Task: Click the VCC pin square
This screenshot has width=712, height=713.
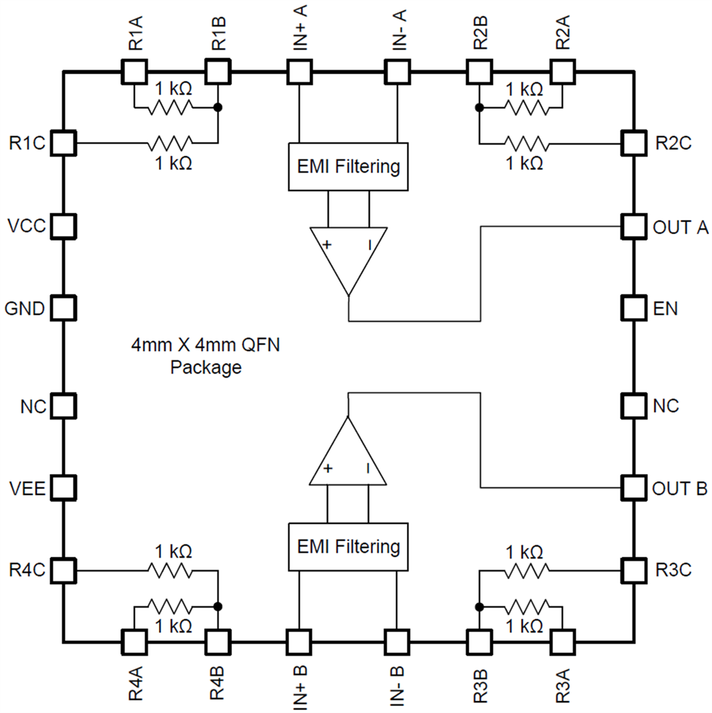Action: coord(63,226)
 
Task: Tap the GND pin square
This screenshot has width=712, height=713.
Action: coord(63,308)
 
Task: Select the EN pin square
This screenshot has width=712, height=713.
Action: coord(633,308)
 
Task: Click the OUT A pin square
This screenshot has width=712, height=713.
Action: coord(633,226)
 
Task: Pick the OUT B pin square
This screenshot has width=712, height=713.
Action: coord(633,488)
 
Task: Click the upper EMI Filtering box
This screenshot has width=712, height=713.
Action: coord(348,166)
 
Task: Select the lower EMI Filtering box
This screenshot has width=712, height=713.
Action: coord(348,547)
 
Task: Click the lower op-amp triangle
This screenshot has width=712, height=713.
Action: coord(349,458)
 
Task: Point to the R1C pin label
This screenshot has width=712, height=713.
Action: coord(27,143)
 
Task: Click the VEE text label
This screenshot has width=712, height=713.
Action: coord(27,488)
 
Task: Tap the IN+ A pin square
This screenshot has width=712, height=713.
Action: coord(299,72)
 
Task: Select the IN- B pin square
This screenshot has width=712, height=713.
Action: coord(397,642)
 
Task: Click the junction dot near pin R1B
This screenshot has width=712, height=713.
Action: coord(218,108)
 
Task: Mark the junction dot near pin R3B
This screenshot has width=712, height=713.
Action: coord(479,607)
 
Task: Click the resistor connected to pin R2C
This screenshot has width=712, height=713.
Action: coord(526,144)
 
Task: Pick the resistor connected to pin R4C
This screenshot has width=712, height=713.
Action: coord(170,570)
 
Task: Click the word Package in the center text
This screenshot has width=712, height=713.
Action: coord(206,368)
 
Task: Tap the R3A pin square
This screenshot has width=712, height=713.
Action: coord(562,642)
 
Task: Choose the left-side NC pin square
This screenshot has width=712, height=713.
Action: coord(63,406)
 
